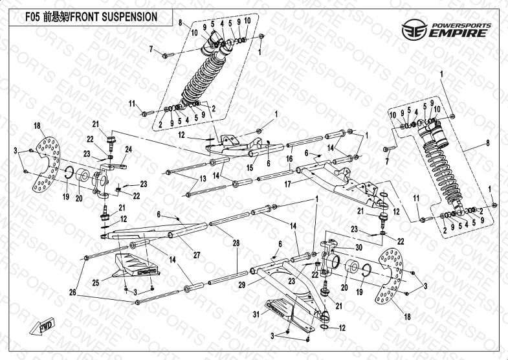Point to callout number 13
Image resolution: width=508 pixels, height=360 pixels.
[x=203, y=178]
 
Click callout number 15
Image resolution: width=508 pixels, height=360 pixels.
[x=249, y=168]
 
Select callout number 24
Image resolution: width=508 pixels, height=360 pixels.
[x=128, y=150]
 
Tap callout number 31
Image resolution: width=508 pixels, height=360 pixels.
[x=256, y=315]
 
